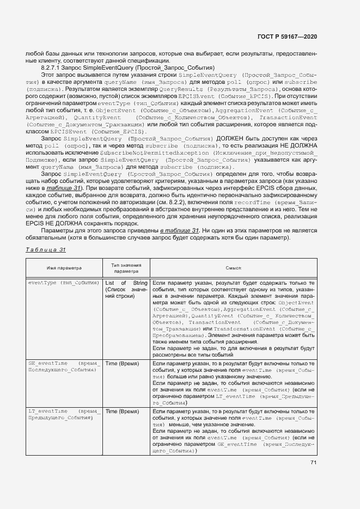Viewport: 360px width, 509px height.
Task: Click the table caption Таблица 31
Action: point(46,249)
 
